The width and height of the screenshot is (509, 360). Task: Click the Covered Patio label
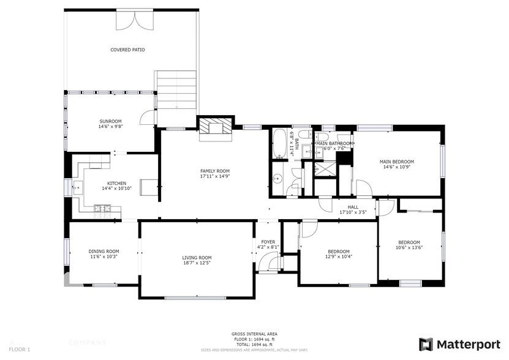coord(127,50)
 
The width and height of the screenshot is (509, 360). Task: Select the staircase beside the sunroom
coord(176,89)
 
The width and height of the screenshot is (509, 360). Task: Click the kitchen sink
coord(78,188)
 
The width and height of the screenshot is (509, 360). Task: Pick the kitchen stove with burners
coord(102,210)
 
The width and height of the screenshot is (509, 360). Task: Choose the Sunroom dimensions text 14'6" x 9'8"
coord(111,127)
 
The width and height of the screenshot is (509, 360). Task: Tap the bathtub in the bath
coord(279,145)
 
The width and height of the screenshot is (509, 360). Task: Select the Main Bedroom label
coord(399,160)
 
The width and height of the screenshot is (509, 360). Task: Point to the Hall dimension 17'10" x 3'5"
coord(353,212)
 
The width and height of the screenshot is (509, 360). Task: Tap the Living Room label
coord(197,258)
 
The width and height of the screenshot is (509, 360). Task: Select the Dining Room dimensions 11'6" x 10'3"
coord(104,257)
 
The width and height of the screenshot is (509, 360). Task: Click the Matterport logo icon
coord(426,344)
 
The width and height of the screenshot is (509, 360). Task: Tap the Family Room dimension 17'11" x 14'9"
coord(214,176)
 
